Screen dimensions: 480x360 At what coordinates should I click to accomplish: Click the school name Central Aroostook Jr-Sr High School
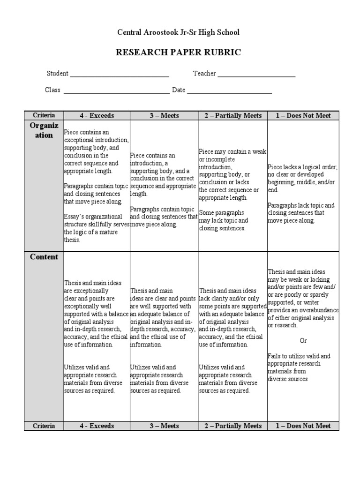(178, 32)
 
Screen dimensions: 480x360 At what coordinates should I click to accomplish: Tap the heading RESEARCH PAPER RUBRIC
(178, 52)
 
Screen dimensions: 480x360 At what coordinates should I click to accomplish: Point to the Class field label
(52, 90)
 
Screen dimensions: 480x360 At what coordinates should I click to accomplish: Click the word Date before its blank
(179, 90)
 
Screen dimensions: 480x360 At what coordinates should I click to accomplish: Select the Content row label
(44, 257)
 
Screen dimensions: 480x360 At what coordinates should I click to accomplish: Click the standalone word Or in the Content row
(303, 340)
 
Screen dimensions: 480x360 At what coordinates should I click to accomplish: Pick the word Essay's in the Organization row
(74, 217)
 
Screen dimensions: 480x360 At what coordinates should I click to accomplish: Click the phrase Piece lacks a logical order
(302, 167)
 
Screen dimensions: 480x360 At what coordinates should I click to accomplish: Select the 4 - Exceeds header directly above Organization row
(96, 116)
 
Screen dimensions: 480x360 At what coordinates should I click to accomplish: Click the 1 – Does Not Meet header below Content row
(303, 426)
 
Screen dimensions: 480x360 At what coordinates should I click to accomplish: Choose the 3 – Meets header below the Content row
(164, 426)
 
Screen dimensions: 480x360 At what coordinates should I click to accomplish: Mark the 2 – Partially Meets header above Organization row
(233, 116)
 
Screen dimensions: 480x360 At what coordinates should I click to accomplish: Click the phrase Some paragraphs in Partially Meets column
(217, 213)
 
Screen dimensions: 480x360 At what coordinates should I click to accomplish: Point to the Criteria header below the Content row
(44, 426)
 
